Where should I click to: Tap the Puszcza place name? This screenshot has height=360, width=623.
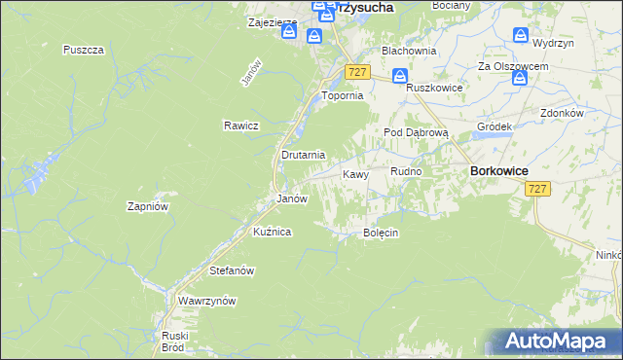(x=83, y=50)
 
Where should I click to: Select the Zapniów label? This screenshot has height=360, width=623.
(x=149, y=206)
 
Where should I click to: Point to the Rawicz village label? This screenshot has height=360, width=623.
(x=239, y=126)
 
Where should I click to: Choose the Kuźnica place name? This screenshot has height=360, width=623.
(x=272, y=232)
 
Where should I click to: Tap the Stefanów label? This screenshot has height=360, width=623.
(x=232, y=270)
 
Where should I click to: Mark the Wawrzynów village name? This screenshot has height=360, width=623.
(x=207, y=302)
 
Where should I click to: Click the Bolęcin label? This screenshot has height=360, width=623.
(x=382, y=234)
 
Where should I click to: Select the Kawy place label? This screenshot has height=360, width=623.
(x=355, y=174)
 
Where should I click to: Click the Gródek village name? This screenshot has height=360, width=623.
(x=495, y=127)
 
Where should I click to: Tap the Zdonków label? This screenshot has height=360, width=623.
(x=561, y=113)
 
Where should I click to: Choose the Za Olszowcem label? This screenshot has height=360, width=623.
(x=513, y=66)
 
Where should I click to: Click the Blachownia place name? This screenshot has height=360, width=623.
(x=408, y=50)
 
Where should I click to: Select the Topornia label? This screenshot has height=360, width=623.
(x=343, y=96)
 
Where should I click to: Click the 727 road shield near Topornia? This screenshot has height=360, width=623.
(x=357, y=72)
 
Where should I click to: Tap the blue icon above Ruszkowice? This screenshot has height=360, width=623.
(x=400, y=76)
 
